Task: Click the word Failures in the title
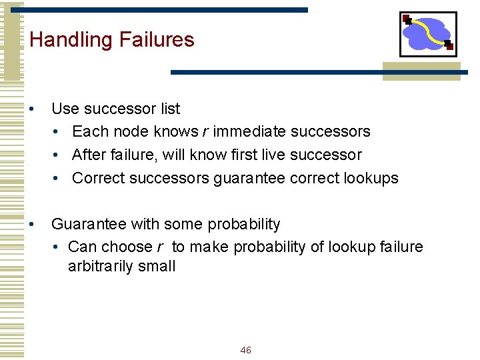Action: [157, 39]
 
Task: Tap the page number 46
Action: [245, 350]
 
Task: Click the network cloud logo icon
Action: [427, 33]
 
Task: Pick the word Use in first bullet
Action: [64, 109]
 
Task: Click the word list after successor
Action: [169, 109]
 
